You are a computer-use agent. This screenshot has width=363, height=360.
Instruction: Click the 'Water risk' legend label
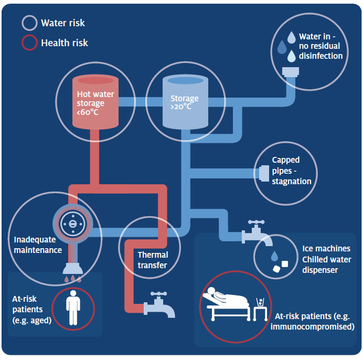[62, 23]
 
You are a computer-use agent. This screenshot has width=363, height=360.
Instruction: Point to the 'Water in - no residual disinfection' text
[321, 46]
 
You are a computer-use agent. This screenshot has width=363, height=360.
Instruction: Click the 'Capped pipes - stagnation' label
[291, 171]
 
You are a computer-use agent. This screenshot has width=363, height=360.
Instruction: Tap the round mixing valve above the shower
[72, 224]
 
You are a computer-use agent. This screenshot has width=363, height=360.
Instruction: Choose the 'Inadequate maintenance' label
[38, 245]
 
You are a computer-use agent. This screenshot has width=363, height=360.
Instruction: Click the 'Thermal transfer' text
[152, 260]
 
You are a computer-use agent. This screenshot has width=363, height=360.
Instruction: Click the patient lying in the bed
[229, 299]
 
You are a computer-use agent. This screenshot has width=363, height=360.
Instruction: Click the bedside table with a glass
[259, 309]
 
